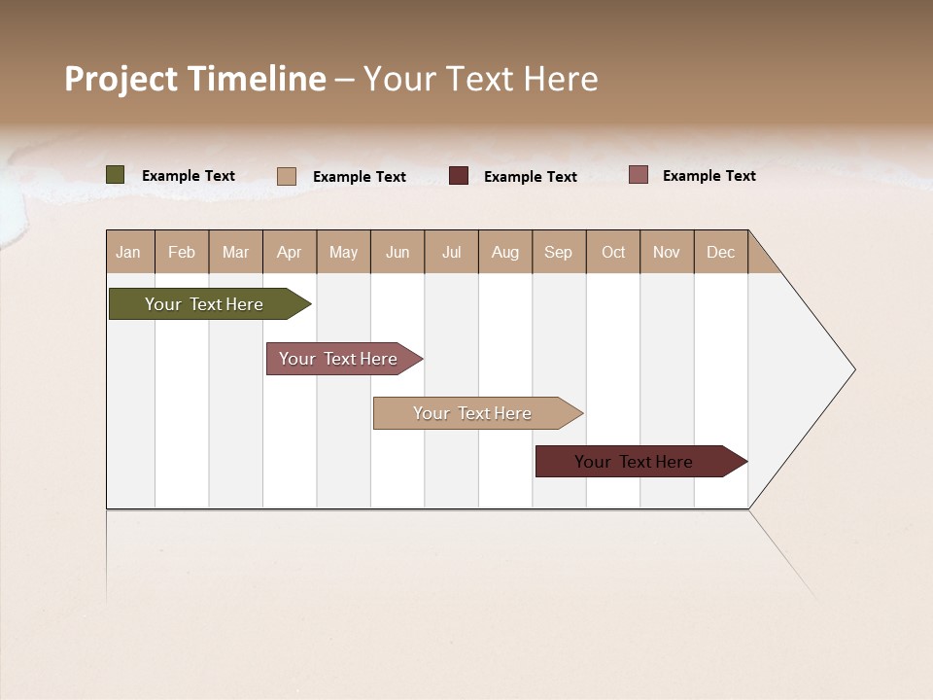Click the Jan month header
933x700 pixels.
click(x=129, y=252)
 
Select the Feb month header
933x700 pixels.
click(x=182, y=252)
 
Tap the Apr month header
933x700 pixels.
click(x=290, y=252)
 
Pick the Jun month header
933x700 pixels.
click(x=397, y=252)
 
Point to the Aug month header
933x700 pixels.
click(x=505, y=252)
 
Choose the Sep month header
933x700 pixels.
click(x=559, y=252)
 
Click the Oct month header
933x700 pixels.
click(x=613, y=252)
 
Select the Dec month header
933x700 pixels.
click(x=721, y=252)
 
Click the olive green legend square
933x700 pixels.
click(x=116, y=175)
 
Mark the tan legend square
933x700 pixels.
click(x=287, y=176)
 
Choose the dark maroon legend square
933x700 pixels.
click(x=459, y=176)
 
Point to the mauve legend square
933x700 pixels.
click(x=639, y=175)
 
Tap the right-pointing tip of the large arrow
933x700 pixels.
click(x=851, y=369)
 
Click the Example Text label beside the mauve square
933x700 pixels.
click(x=708, y=176)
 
